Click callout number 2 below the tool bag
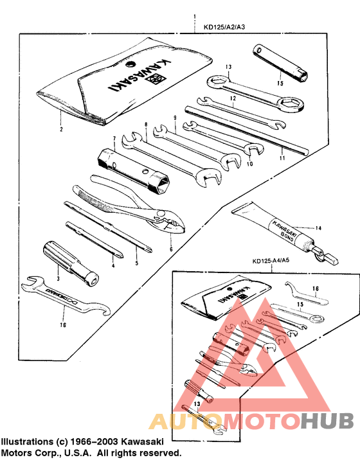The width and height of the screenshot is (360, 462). [62, 129]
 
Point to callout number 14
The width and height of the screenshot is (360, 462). [317, 227]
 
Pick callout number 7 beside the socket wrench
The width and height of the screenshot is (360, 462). [114, 138]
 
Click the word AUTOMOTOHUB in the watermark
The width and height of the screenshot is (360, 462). [251, 422]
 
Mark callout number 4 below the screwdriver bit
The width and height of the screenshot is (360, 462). [113, 264]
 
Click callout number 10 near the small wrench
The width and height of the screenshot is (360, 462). [250, 163]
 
